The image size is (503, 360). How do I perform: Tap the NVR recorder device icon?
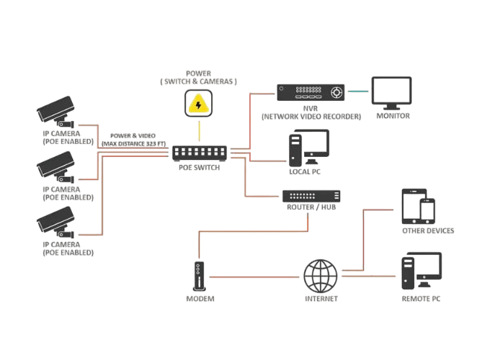point(311,91)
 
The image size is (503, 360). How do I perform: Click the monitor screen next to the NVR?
point(391,91)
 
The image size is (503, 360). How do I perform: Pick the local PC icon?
point(308,148)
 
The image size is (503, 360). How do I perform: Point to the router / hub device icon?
point(311,196)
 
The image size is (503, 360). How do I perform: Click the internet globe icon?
point(321,275)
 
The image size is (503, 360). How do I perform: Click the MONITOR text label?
point(393,115)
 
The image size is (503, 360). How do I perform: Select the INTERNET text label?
point(321,298)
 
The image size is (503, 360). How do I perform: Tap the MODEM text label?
point(200,298)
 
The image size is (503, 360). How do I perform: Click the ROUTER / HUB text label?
point(311,207)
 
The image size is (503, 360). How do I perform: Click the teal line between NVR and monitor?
point(358,91)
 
